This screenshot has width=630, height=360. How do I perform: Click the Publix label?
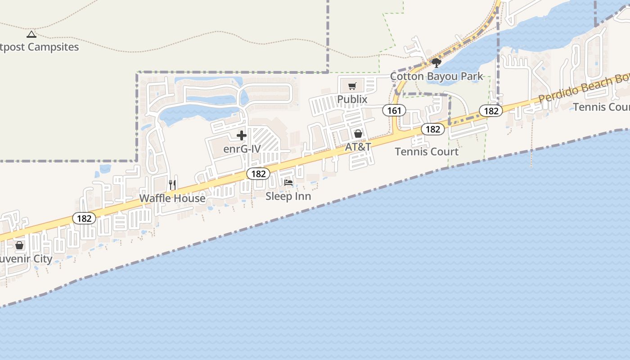tap(352, 99)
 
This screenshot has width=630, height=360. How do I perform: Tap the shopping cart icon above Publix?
tap(352, 86)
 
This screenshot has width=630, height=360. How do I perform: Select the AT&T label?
tap(358, 147)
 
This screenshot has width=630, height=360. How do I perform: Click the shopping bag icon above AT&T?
tap(358, 134)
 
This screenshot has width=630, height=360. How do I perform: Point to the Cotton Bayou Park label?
tap(436, 76)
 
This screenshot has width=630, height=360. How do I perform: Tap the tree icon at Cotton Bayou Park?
tap(436, 63)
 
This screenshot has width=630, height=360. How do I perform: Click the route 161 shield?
tap(394, 110)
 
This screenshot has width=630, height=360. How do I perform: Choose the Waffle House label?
tap(172, 198)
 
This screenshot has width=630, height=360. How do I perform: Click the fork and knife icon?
tap(172, 184)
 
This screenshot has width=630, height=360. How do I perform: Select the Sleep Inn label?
tap(288, 196)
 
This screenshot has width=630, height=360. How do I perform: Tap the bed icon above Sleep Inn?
tap(288, 183)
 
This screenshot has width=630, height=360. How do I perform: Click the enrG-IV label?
tap(242, 148)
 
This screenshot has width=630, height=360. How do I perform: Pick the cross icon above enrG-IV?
tap(242, 135)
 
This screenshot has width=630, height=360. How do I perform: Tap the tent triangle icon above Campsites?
tap(31, 34)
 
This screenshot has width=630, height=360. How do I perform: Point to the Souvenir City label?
tap(25, 259)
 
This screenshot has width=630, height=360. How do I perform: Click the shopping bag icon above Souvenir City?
tap(19, 245)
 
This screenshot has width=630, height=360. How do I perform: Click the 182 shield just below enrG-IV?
tap(258, 174)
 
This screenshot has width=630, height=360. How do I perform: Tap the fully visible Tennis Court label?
tap(427, 152)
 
